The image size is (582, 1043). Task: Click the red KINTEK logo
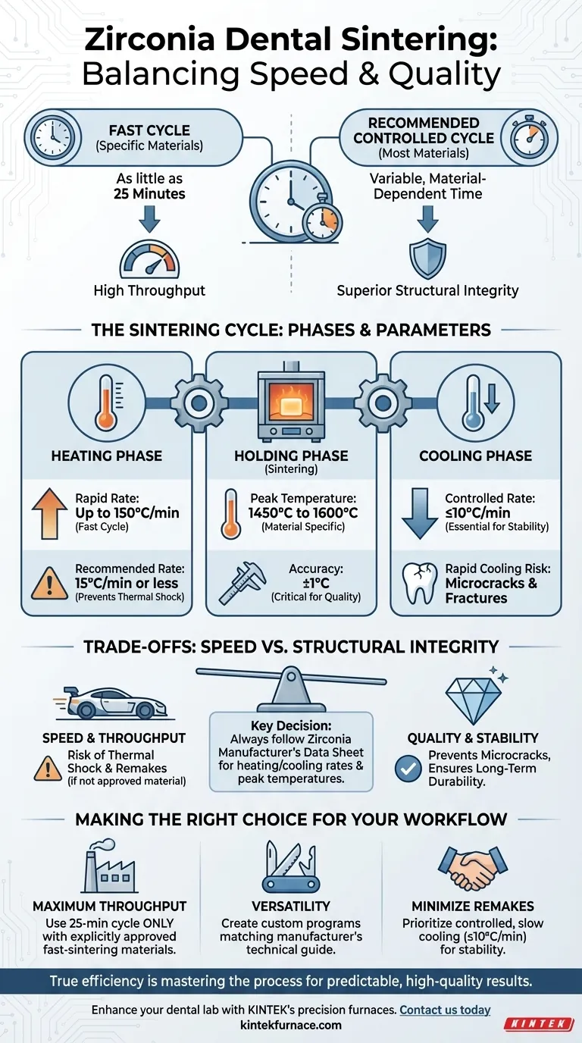pyautogui.click(x=539, y=1023)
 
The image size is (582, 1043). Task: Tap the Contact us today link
pyautogui.click(x=445, y=1010)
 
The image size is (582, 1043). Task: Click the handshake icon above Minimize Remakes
pyautogui.click(x=473, y=869)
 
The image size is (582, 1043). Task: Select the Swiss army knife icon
pyautogui.click(x=291, y=866)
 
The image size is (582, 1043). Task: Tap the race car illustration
pyautogui.click(x=111, y=702)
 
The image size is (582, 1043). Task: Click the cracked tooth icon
pyautogui.click(x=420, y=584)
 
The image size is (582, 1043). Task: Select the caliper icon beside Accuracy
pyautogui.click(x=242, y=584)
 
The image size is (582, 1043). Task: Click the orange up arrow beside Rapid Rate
pyautogui.click(x=50, y=514)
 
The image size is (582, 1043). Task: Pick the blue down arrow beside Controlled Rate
pyautogui.click(x=420, y=514)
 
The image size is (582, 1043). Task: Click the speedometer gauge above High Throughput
pyautogui.click(x=149, y=259)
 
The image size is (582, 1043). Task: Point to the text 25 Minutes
pyautogui.click(x=149, y=194)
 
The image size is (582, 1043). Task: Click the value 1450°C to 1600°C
pyautogui.click(x=303, y=513)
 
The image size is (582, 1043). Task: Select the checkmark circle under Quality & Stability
pyautogui.click(x=408, y=769)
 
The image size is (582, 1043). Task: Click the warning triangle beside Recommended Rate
pyautogui.click(x=50, y=583)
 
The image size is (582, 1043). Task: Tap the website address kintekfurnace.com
pyautogui.click(x=291, y=1025)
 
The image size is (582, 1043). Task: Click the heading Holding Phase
pyautogui.click(x=291, y=456)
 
